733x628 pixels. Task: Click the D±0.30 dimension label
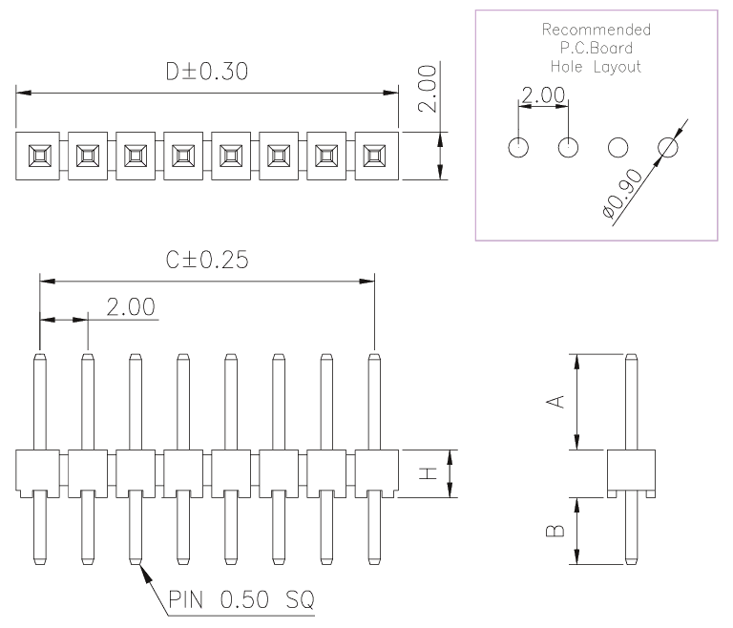[207, 72]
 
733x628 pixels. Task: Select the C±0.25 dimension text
[207, 260]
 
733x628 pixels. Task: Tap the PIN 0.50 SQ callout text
[241, 599]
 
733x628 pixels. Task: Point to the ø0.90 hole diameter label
[622, 194]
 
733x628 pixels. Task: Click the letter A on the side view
[555, 402]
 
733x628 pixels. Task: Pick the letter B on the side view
[555, 531]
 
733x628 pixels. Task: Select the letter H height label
[428, 473]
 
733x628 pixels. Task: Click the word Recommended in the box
[596, 30]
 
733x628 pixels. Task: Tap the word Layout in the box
[618, 67]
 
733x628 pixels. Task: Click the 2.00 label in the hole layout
[543, 95]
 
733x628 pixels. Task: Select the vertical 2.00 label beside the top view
[428, 89]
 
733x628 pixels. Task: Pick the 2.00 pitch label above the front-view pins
[131, 307]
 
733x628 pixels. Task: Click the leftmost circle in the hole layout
[518, 147]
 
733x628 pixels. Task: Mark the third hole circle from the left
[618, 147]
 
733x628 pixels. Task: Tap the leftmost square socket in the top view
[40, 156]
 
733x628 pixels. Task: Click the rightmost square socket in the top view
[374, 156]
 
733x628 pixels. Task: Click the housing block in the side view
[631, 473]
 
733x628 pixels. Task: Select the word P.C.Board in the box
[596, 48]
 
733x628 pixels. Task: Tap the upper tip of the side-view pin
[632, 354]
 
